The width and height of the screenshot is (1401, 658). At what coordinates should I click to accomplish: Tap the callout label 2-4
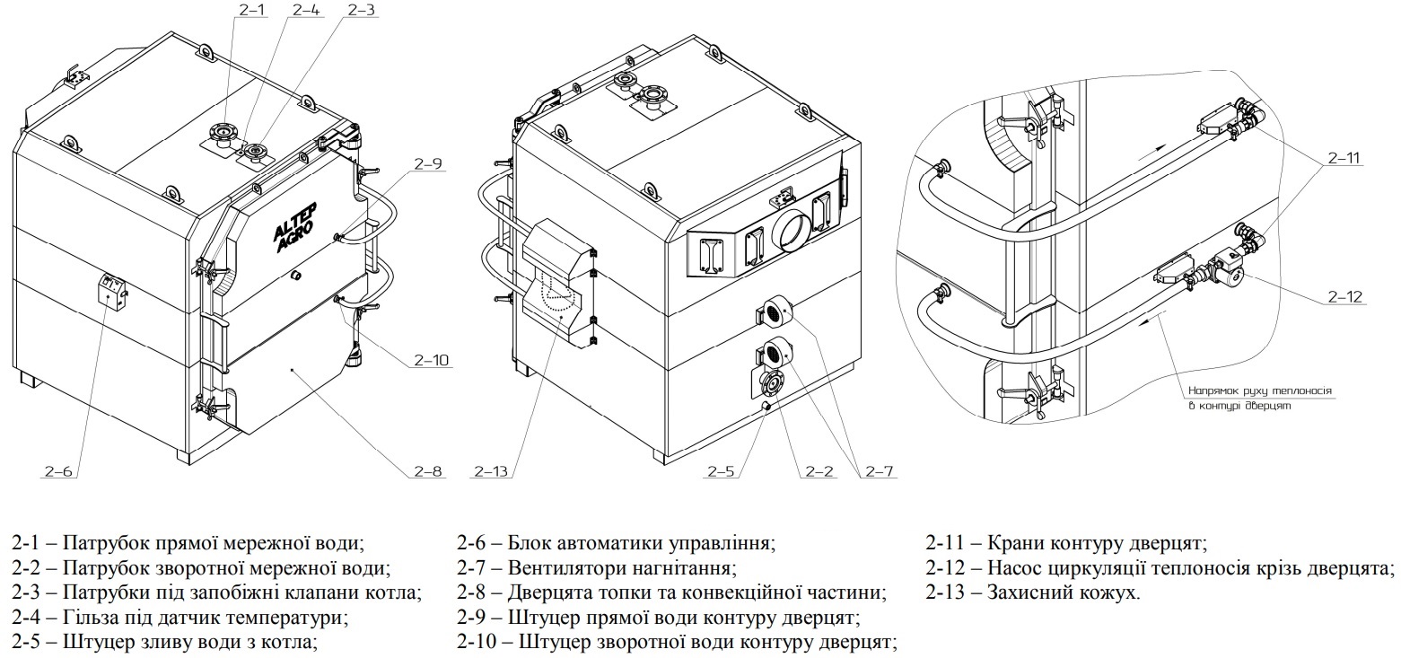point(305,10)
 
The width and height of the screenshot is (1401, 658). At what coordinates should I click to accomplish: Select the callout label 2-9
point(429,163)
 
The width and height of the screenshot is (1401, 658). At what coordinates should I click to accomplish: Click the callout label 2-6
point(57,470)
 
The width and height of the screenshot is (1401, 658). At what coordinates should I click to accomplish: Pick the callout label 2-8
point(428,470)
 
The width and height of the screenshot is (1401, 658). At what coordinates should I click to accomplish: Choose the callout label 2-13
point(492,470)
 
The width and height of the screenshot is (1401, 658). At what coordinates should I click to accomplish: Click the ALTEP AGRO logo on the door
point(296,230)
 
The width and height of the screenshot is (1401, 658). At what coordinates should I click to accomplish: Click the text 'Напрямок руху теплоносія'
point(1259,391)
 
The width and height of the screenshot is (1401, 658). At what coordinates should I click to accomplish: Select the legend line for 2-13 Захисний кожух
point(1033,592)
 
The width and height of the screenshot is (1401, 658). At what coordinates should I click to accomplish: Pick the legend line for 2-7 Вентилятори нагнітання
point(596,568)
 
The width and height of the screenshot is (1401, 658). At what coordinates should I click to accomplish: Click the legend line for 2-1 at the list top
point(188,543)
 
